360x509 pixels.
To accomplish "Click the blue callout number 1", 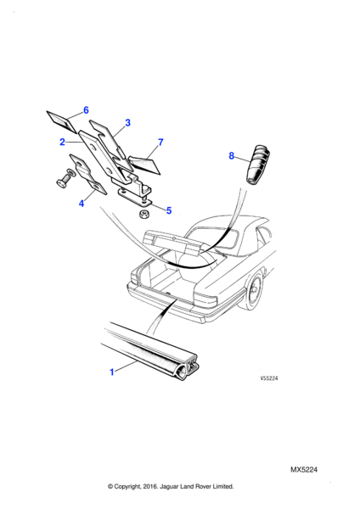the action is tap(112, 372).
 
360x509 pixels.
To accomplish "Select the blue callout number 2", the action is tap(62, 142).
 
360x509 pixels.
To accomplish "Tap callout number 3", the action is tap(127, 123).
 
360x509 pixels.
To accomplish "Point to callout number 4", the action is tap(82, 204).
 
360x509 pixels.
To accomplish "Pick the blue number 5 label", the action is tap(169, 210).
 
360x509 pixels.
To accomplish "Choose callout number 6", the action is tap(86, 110).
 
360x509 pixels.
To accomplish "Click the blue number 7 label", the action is tap(160, 143).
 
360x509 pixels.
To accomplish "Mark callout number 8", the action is tap(231, 156).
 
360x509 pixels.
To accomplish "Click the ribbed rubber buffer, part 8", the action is tap(258, 165).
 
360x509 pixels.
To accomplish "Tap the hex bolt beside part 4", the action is tap(64, 180).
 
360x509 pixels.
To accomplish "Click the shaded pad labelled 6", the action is tap(62, 121).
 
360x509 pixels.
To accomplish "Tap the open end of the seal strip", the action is tap(188, 369).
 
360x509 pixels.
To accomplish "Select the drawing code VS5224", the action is tap(269, 378).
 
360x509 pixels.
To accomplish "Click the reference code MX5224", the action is tap(304, 470).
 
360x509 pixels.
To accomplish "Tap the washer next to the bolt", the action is tap(70, 172).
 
